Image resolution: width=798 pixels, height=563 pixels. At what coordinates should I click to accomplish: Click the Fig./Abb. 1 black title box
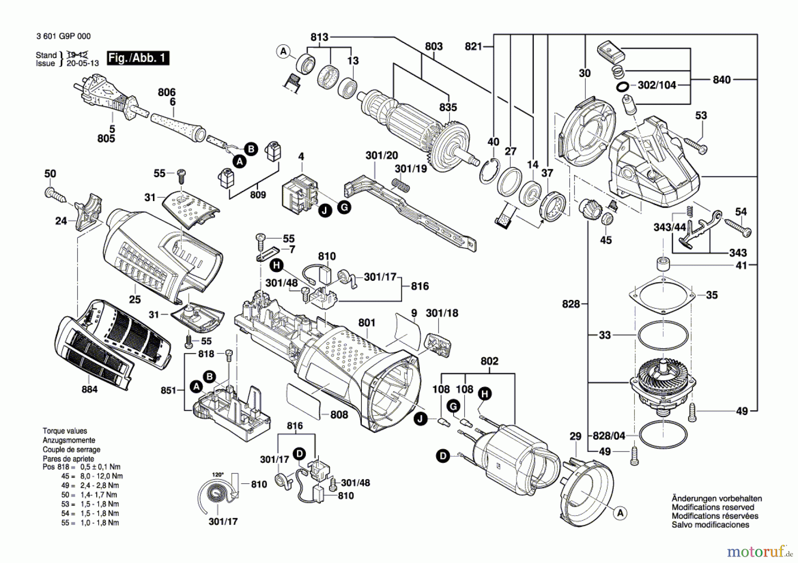(138, 58)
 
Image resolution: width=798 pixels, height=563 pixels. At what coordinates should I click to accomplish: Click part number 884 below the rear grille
(89, 389)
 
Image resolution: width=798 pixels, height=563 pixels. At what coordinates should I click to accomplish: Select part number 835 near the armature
(448, 108)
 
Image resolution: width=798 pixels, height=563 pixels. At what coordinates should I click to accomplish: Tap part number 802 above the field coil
(489, 361)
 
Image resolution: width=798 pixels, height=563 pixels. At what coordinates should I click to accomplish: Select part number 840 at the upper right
(721, 80)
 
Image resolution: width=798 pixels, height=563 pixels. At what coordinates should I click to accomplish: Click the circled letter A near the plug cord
(240, 161)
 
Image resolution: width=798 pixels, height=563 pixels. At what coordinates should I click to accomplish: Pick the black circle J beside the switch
(325, 210)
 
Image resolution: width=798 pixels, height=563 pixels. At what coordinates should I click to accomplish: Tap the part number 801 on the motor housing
(367, 323)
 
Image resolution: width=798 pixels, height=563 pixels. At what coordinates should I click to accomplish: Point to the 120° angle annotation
(218, 474)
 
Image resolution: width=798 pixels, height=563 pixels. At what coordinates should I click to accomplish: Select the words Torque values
(65, 431)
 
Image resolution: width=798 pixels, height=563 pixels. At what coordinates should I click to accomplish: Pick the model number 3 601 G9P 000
(63, 36)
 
